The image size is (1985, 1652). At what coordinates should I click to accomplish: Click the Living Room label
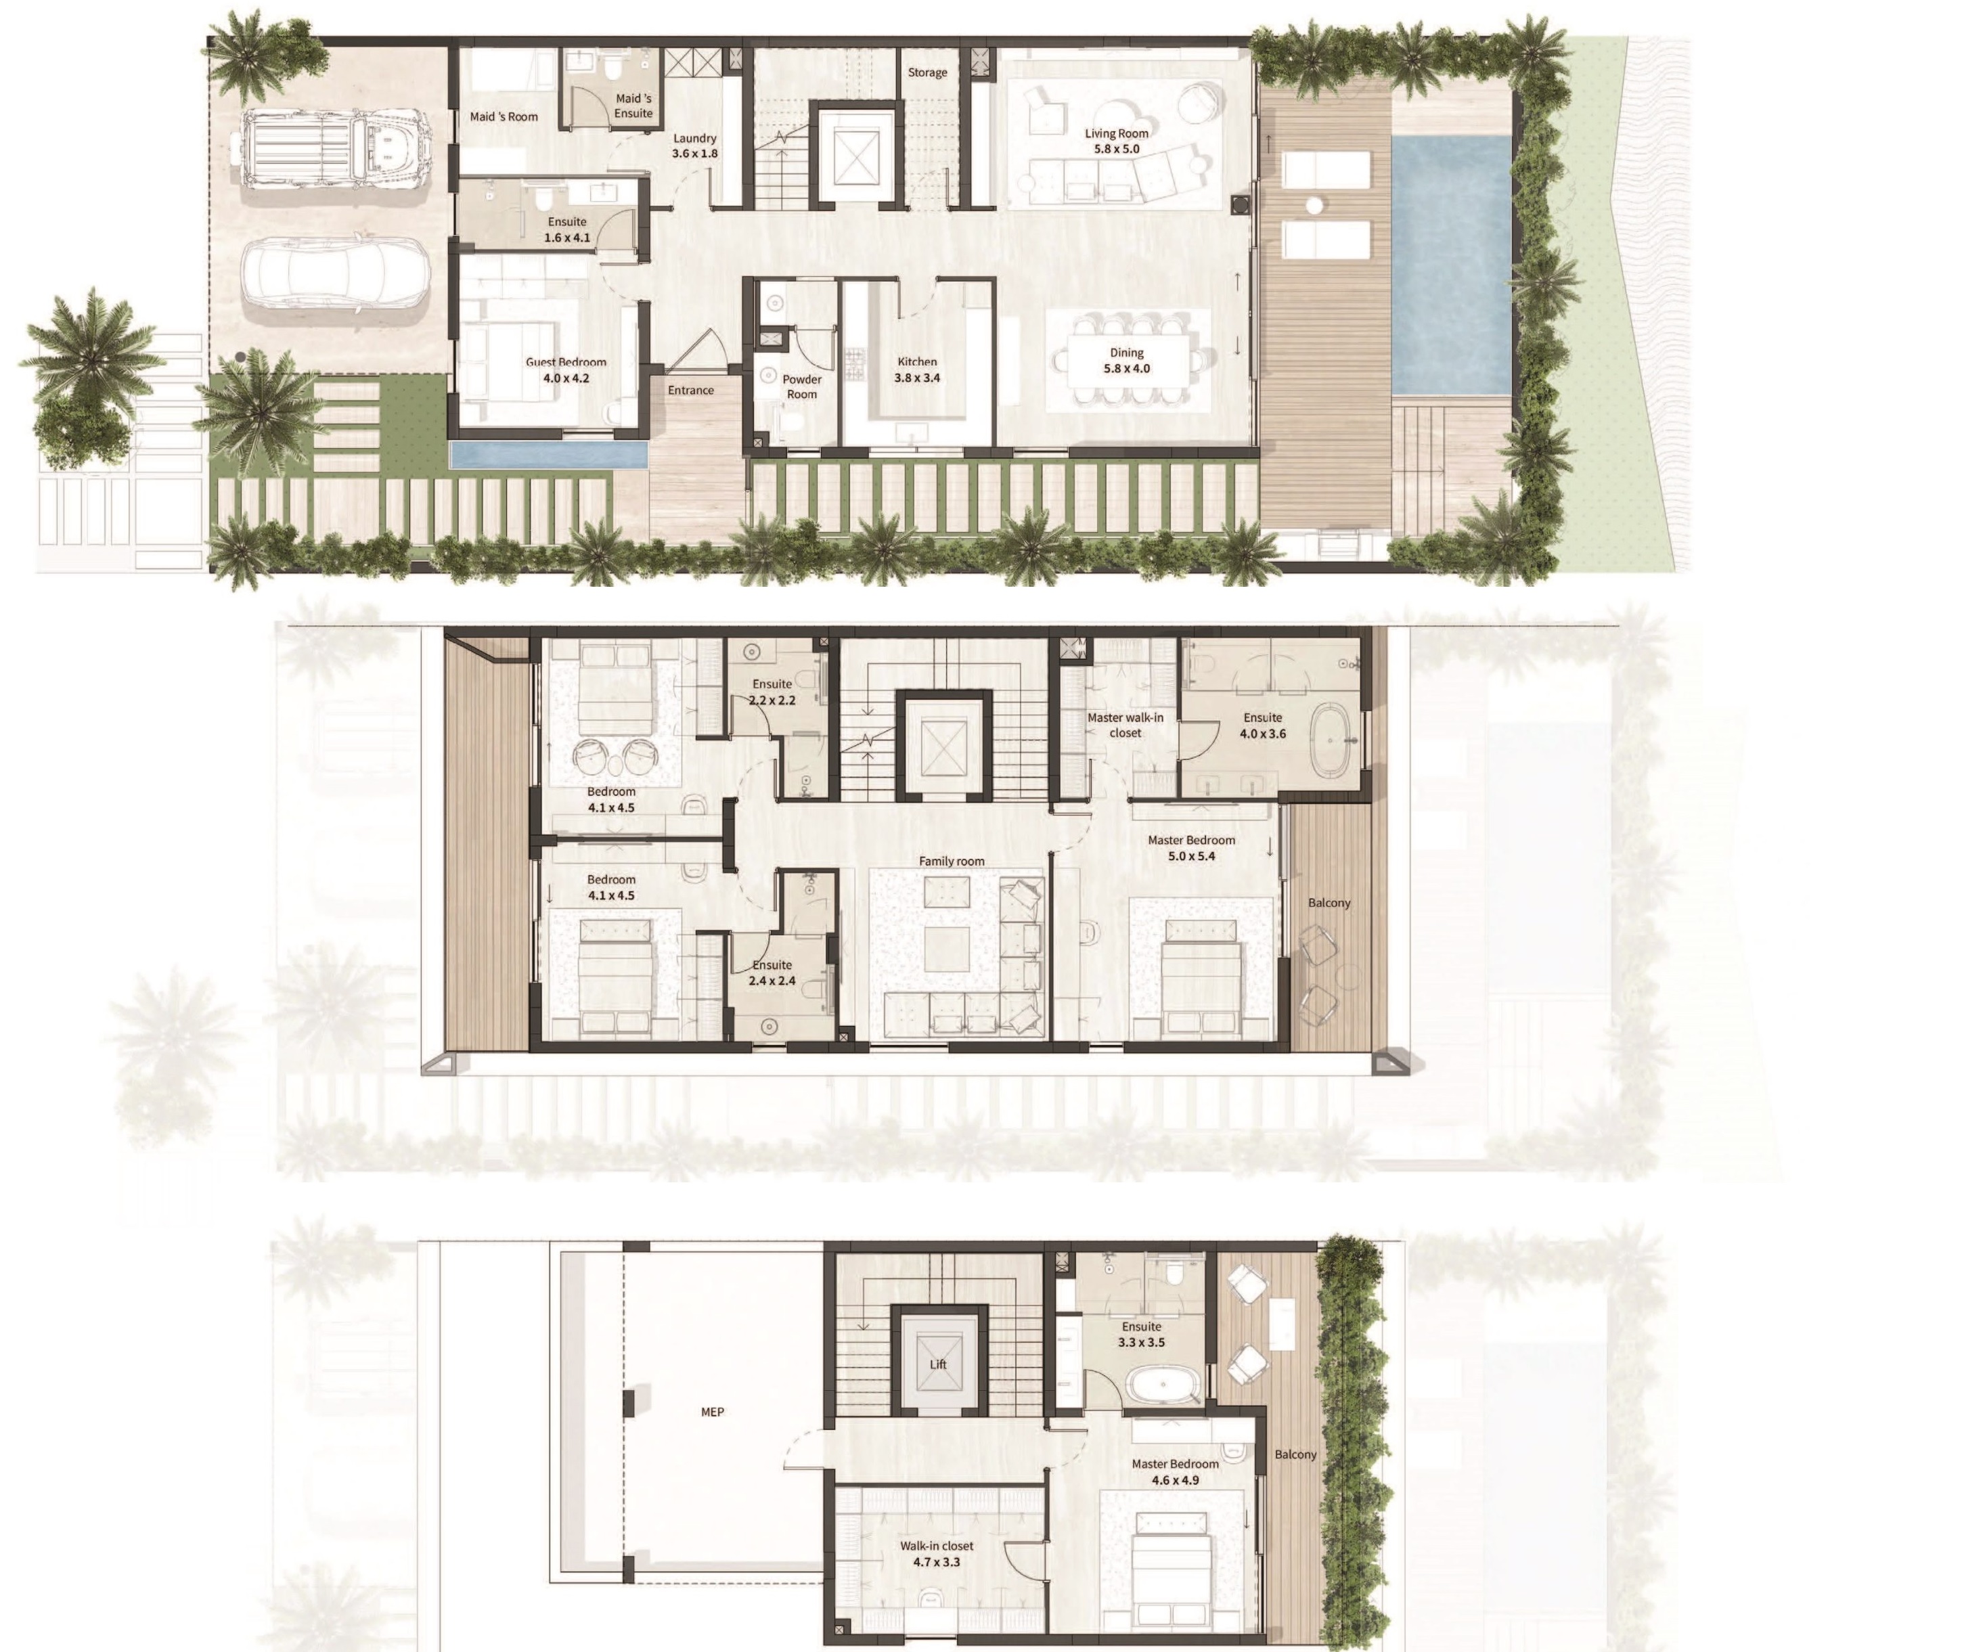click(1116, 141)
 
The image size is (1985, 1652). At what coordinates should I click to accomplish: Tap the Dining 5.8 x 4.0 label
click(1127, 360)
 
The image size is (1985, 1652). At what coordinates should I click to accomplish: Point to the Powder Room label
click(801, 386)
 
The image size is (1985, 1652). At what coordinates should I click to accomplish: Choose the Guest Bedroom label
click(566, 370)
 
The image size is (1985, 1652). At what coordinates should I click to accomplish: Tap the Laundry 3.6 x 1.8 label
click(695, 146)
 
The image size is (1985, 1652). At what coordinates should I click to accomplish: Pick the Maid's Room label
click(504, 117)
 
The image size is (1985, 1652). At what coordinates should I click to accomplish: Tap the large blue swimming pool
click(1451, 265)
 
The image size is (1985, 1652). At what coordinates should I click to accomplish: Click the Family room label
click(951, 861)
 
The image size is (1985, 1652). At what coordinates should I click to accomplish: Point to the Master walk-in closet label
click(1125, 725)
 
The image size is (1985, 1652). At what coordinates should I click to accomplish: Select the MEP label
click(713, 1412)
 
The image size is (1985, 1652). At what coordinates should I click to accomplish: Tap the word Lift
click(937, 1364)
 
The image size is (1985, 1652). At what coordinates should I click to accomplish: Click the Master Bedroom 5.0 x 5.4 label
click(1191, 848)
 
